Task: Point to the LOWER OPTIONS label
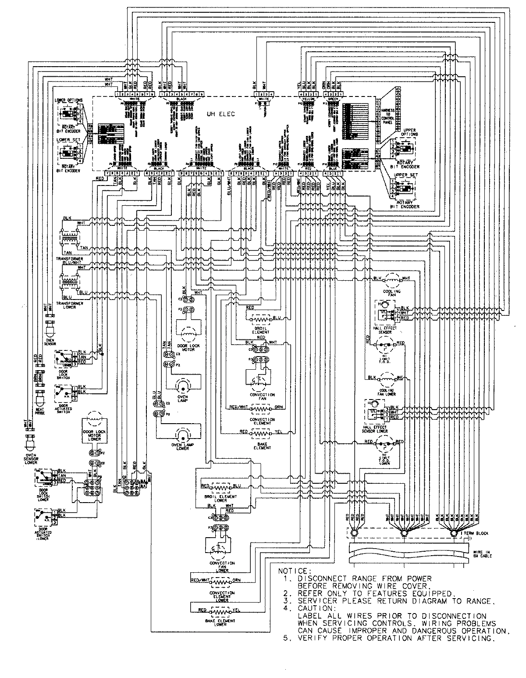pyautogui.click(x=68, y=100)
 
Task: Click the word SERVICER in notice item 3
pyautogui.click(x=315, y=601)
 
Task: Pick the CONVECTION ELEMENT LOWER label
pyautogui.click(x=222, y=595)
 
